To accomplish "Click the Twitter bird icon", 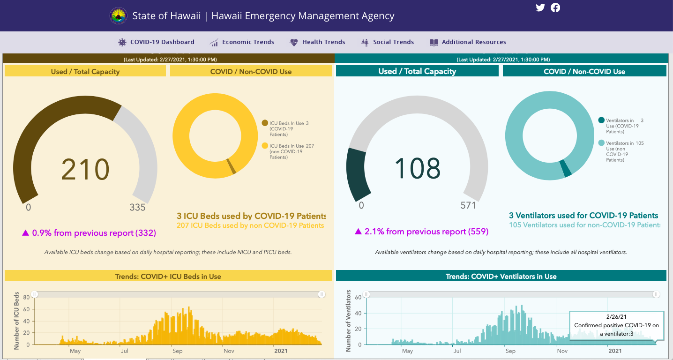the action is coord(540,7).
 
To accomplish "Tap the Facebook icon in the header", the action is coord(555,7).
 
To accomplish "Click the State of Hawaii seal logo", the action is coord(119,15).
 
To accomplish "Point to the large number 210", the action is coord(85,170).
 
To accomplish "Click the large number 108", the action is coord(417,168).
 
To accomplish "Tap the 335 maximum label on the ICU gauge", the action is coord(137,207).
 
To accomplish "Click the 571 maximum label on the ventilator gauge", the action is coord(468,205).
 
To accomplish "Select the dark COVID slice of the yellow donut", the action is coord(231,166).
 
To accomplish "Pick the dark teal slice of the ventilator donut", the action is coord(565,169).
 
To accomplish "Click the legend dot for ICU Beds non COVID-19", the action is coord(265,146).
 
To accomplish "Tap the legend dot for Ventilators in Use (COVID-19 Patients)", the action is coord(601,120).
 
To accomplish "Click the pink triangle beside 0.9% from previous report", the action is coord(25,232).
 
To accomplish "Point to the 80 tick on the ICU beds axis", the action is coord(26,297).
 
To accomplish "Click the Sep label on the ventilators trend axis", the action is coord(510,351).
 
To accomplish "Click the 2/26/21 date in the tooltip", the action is coord(616,317).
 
